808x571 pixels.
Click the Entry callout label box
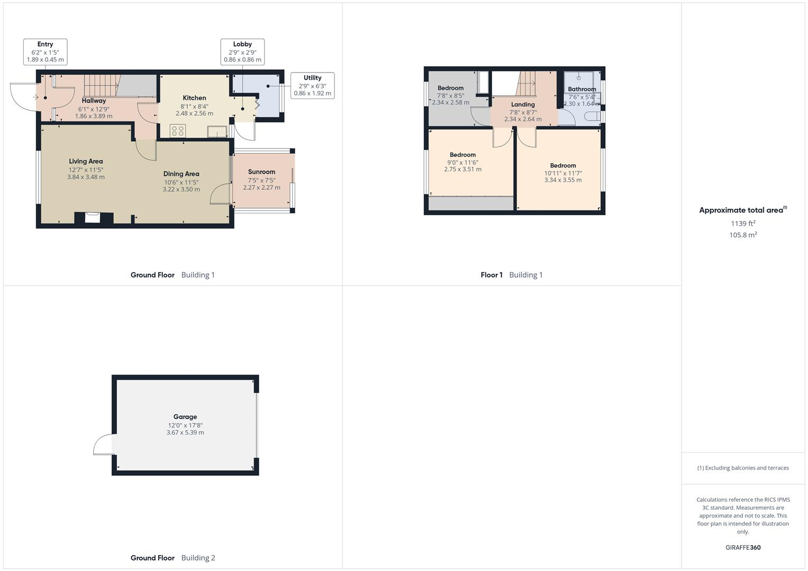[x=45, y=52]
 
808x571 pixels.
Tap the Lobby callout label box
[x=242, y=52]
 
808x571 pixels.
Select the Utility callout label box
[x=312, y=86]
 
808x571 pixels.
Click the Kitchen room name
[x=194, y=98]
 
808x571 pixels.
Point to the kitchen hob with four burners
[x=178, y=131]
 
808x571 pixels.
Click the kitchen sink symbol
[x=217, y=131]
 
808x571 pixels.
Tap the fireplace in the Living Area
[x=94, y=217]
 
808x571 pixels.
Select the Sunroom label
[x=261, y=172]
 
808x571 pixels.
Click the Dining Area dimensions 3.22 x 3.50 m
[x=181, y=189]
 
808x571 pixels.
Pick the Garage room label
[x=185, y=417]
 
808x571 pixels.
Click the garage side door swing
[x=104, y=445]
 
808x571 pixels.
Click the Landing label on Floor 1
[x=523, y=105]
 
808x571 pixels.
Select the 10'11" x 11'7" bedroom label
[x=563, y=165]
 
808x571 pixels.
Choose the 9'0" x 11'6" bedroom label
[x=462, y=155]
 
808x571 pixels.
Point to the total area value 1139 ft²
[x=743, y=224]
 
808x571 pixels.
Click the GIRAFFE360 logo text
[x=743, y=547]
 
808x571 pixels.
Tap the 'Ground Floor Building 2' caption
[x=173, y=558]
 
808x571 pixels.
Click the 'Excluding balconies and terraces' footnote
[x=743, y=468]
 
